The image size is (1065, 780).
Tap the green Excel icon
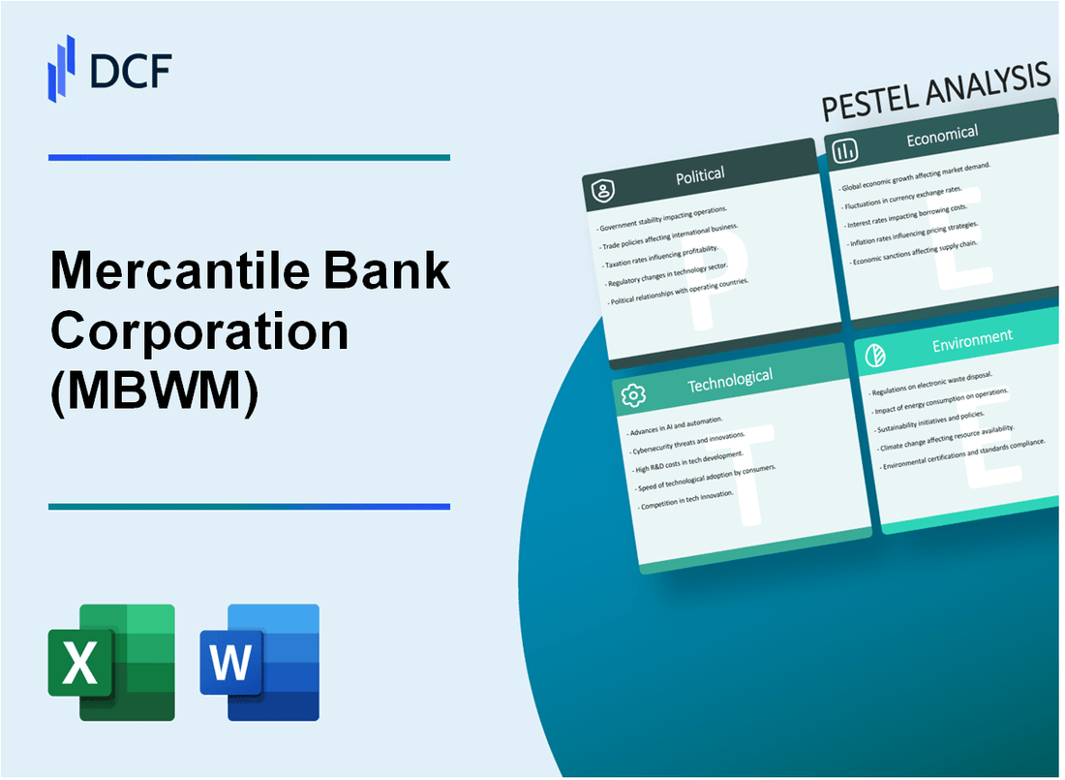click(111, 663)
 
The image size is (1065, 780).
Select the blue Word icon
click(259, 663)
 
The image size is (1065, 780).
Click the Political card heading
click(700, 174)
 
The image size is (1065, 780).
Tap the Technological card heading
click(729, 379)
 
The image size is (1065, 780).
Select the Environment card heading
click(972, 338)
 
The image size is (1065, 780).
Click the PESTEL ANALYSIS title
click(935, 91)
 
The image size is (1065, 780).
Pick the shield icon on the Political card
click(603, 192)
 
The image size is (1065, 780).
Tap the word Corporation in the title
click(199, 331)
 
